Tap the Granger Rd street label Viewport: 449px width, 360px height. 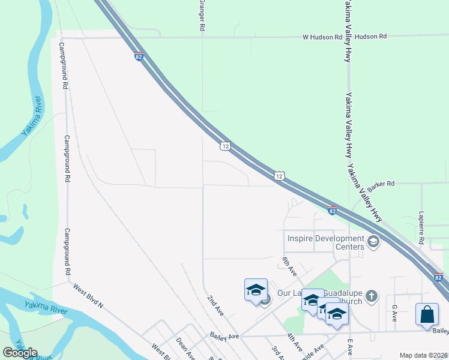click(202, 16)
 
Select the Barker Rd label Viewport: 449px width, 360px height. click(381, 184)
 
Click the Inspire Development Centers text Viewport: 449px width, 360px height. click(326, 242)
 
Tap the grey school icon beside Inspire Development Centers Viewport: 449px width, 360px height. click(373, 242)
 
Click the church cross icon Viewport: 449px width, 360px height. click(372, 296)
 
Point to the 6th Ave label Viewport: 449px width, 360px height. click(290, 266)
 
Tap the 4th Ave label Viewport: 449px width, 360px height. click(294, 343)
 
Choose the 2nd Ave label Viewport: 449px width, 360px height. click(215, 305)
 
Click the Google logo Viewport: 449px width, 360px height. click(20, 353)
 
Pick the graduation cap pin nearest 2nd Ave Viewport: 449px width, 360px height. click(256, 290)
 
